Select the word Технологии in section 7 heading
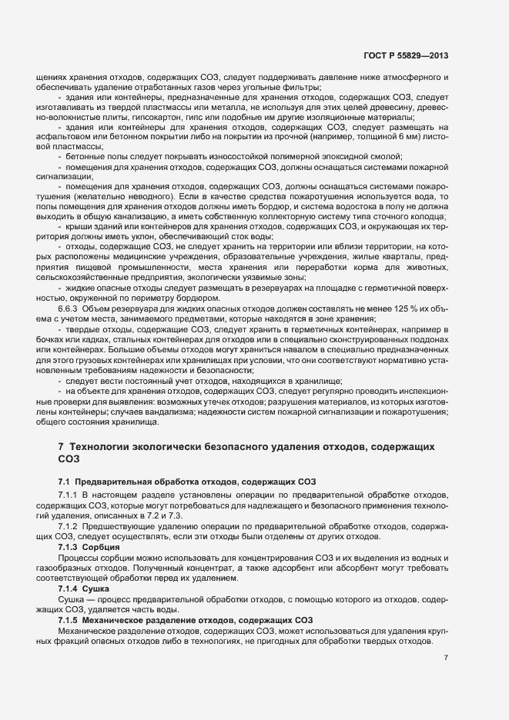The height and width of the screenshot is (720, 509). click(x=102, y=447)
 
